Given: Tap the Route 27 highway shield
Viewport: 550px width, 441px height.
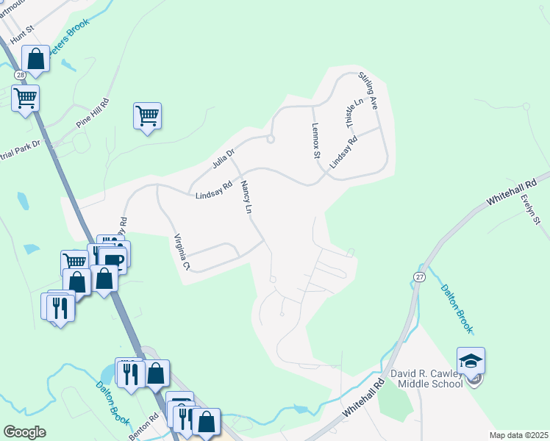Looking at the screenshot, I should click(x=419, y=276).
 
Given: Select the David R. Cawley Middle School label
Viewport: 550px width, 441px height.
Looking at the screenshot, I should click(x=425, y=379).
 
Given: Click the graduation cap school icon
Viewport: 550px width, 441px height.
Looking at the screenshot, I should click(x=471, y=361).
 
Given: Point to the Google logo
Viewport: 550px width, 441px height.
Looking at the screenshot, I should click(x=24, y=432).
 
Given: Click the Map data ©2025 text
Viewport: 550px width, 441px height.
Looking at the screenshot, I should click(x=518, y=435).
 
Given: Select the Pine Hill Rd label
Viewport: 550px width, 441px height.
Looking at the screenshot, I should click(x=93, y=113).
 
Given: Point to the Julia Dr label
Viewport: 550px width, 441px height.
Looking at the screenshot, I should click(x=223, y=156).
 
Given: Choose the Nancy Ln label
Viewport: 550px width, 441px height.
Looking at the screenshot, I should click(x=246, y=198).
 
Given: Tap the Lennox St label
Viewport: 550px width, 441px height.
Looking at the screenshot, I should click(x=315, y=140).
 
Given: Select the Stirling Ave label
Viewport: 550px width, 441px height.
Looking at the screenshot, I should click(x=368, y=90).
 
